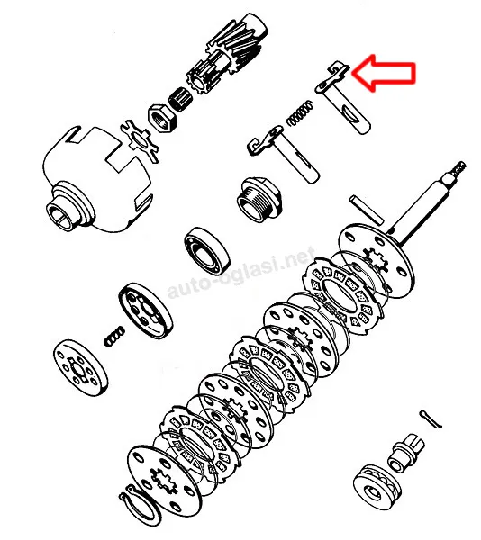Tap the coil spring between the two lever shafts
pos(301,112)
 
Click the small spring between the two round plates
pos(114,337)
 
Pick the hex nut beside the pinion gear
pos(162,117)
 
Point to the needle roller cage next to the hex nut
pos(180,98)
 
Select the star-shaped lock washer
pos(140,140)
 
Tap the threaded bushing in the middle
pos(259,199)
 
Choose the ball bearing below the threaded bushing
pos(207,251)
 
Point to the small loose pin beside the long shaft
pos(367,210)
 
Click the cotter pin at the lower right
pos(431,419)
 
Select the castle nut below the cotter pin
pos(406,453)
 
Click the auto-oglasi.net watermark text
pos(241,272)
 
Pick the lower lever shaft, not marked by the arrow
pos(284,154)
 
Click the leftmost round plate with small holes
pos(81,367)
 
